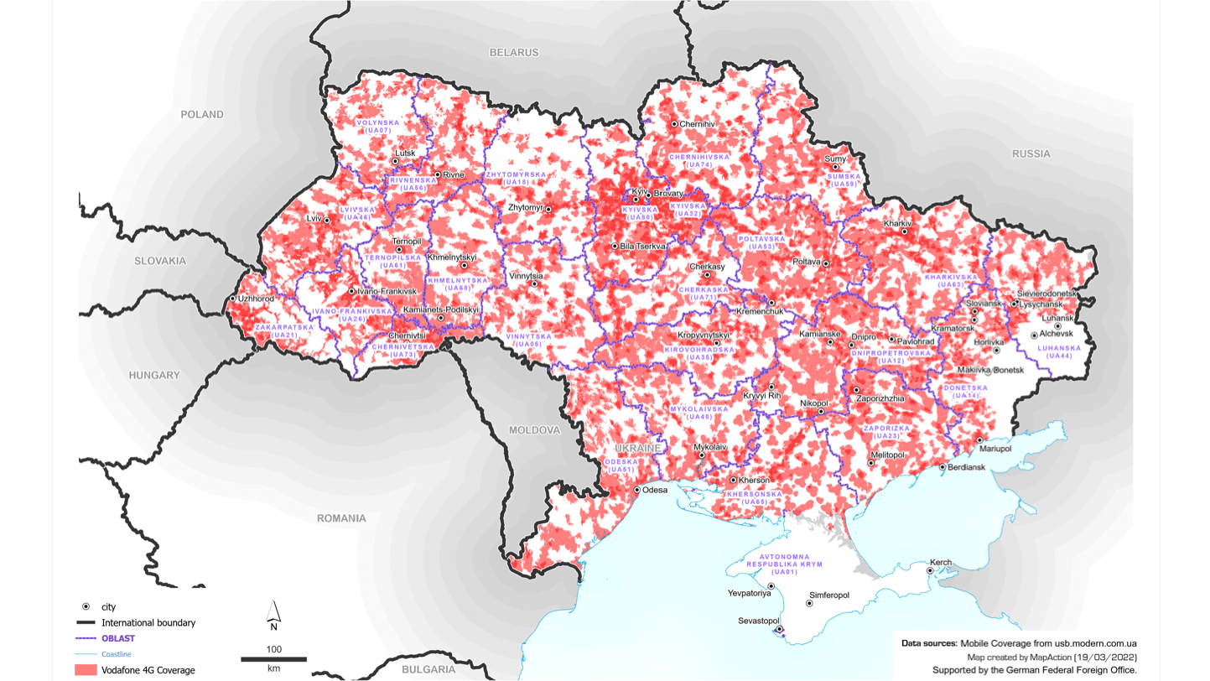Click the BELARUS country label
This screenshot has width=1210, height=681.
point(514,52)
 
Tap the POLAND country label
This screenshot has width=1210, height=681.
point(202,114)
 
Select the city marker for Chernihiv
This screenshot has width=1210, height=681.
point(674,124)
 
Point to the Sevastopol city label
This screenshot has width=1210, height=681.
point(758,621)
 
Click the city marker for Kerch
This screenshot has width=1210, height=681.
point(930,571)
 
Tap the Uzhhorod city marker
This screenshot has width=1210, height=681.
point(233,299)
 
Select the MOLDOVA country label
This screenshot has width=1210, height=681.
point(534,430)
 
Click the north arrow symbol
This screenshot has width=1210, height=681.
point(273,615)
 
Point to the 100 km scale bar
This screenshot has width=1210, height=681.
point(273,659)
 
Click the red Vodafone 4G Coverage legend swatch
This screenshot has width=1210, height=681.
point(86,670)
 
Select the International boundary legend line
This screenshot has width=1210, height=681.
point(86,622)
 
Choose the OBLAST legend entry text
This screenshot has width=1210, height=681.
point(118,638)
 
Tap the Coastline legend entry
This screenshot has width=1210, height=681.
point(116,654)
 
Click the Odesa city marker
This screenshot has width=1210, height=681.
point(637,490)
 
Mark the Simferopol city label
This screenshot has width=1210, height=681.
point(828,595)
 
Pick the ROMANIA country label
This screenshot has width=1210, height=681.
point(341,518)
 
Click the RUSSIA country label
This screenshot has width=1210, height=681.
point(1031,153)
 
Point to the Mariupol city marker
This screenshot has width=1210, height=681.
point(979,440)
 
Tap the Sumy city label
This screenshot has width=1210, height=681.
point(834,159)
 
